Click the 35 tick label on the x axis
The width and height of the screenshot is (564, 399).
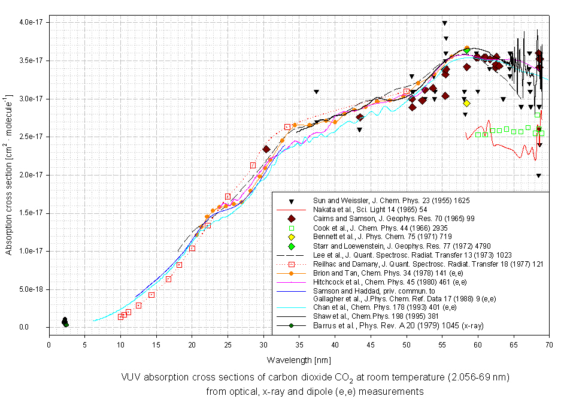tap(299, 345)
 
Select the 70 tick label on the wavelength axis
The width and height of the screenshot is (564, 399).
tap(549, 345)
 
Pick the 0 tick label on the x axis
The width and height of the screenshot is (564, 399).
tap(49, 345)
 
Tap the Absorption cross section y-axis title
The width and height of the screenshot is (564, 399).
tap(10, 175)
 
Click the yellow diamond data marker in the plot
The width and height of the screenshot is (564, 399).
tap(466, 103)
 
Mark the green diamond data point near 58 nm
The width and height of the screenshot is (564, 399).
tap(466, 50)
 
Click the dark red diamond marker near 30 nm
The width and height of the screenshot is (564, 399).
tap(266, 149)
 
